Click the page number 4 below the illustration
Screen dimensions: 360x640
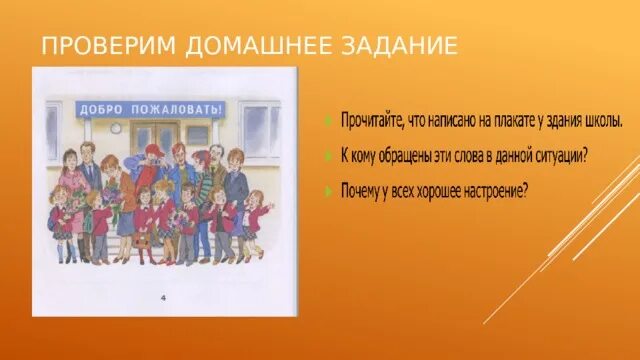coord(164,297)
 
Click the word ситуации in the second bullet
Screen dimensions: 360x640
coord(561,154)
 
